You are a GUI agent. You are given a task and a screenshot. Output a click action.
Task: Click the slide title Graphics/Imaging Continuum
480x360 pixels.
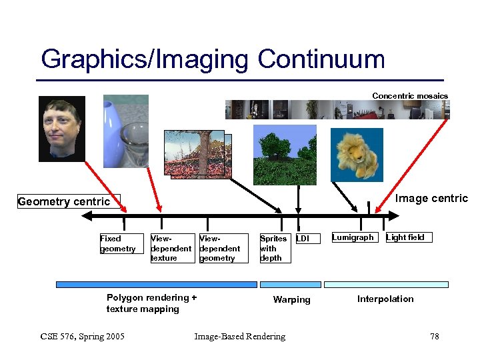[213, 59]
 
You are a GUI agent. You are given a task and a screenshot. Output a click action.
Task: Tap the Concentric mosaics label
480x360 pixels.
[409, 96]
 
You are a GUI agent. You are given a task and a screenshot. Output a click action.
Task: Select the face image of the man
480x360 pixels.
[62, 128]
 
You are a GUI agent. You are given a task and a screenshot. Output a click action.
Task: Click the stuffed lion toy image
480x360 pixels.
[357, 155]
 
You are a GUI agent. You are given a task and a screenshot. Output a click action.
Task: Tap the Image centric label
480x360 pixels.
[431, 199]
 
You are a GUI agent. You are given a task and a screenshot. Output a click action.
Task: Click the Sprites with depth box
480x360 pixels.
[273, 248]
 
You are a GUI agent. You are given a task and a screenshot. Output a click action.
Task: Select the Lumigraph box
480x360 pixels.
[353, 237]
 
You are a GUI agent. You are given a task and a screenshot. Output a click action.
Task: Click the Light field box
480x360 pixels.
[405, 237]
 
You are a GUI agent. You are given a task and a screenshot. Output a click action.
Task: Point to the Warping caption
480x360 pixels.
[291, 300]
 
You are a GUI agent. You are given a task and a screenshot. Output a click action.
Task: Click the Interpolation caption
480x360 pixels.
[385, 299]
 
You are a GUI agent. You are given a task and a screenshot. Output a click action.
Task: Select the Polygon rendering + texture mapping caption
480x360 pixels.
[151, 303]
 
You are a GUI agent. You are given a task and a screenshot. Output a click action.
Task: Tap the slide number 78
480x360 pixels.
[435, 337]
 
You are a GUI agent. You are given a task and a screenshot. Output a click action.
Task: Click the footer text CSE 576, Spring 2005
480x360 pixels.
[82, 337]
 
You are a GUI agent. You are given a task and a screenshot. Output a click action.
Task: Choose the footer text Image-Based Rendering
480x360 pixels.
[239, 337]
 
